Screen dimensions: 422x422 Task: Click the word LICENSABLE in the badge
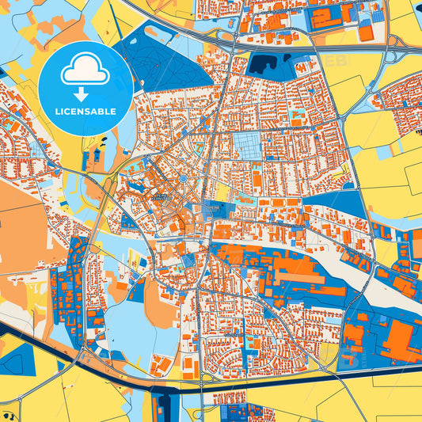point(86,111)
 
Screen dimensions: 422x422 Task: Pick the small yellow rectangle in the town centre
point(222,192)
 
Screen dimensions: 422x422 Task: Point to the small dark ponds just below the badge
point(101,146)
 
